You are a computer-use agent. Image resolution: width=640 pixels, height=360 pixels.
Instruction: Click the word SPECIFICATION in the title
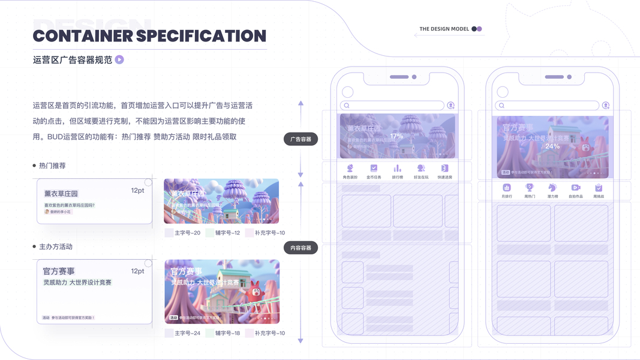pyautogui.click(x=201, y=36)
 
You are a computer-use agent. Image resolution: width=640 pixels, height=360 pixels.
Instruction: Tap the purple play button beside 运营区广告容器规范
pyautogui.click(x=119, y=59)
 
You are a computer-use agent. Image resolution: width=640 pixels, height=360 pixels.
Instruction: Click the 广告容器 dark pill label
pyautogui.click(x=301, y=139)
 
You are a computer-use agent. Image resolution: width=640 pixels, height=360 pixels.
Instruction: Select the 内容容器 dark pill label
pyautogui.click(x=301, y=247)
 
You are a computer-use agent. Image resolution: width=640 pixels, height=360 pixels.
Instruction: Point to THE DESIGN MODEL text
pyautogui.click(x=444, y=29)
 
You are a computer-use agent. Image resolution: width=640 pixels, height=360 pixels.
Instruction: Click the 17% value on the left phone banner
pyautogui.click(x=396, y=136)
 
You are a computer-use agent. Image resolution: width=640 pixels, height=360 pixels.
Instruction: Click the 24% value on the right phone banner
pyautogui.click(x=552, y=146)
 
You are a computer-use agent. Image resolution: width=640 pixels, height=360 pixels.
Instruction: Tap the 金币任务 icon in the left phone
pyautogui.click(x=374, y=169)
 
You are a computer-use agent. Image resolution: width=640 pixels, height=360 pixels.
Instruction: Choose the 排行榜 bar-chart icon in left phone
pyautogui.click(x=397, y=169)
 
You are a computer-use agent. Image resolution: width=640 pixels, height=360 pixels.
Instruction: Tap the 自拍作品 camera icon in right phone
pyautogui.click(x=576, y=188)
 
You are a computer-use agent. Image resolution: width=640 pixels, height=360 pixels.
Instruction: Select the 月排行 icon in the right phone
pyautogui.click(x=506, y=188)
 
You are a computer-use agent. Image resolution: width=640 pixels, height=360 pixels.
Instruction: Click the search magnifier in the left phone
pyautogui.click(x=346, y=106)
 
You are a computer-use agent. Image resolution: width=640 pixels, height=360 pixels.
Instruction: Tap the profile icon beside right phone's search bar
pyautogui.click(x=606, y=106)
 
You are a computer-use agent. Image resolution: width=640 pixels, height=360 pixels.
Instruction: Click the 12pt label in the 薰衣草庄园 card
pyautogui.click(x=137, y=190)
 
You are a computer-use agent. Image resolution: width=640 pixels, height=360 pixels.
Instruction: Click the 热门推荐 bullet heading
pyautogui.click(x=52, y=166)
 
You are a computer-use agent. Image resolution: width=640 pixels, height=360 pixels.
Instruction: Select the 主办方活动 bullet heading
pyautogui.click(x=55, y=247)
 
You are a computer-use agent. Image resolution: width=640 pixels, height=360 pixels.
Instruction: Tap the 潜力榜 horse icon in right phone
pyautogui.click(x=552, y=188)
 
